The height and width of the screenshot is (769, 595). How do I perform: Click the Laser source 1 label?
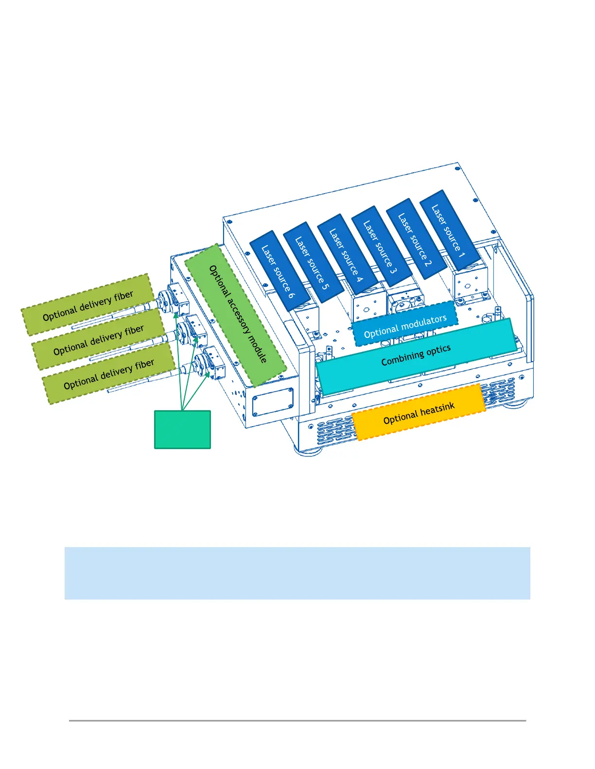coord(448,231)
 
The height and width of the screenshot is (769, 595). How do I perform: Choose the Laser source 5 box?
coord(312,263)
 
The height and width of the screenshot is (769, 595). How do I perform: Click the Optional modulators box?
coord(405,325)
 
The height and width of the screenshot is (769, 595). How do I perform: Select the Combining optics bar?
coord(416,356)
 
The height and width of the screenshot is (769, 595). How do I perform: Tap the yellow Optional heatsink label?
coord(419,412)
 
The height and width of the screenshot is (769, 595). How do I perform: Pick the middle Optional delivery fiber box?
coord(99,339)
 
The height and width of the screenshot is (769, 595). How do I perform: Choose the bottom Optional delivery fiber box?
coord(109,373)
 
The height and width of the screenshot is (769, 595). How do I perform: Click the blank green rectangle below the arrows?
coord(182,430)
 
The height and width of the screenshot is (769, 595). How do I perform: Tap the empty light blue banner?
coord(297,573)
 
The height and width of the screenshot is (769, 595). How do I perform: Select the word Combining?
coord(402,359)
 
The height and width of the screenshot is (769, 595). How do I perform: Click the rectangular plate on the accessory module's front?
coord(273,402)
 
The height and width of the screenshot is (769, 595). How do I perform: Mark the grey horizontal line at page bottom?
coord(297,720)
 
